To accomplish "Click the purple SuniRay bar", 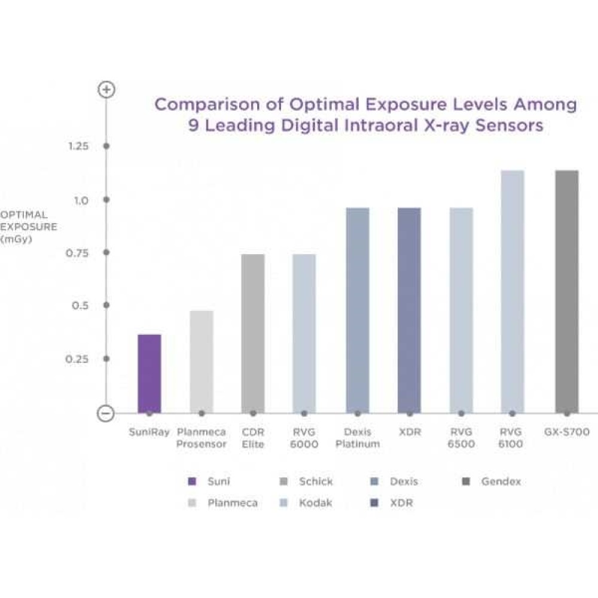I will (149, 373).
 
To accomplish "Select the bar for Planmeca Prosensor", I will (202, 361).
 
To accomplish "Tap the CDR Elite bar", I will (253, 333).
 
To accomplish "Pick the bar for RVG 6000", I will (304, 333).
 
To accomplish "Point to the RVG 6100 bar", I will (512, 291).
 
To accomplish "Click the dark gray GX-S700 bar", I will (567, 291).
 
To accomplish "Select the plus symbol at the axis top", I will (106, 90).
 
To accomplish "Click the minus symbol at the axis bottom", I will (106, 413).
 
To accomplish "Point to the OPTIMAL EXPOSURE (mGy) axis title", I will (29, 227).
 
